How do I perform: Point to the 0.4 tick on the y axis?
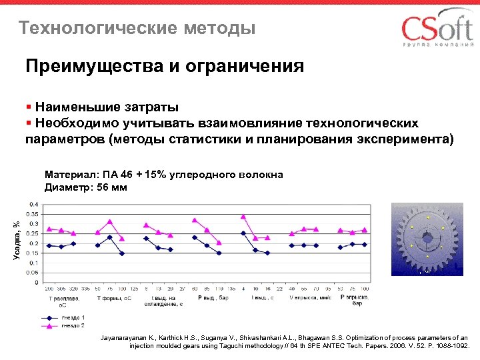click(33, 203)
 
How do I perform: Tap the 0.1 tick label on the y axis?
click(33, 262)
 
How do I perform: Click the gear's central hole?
click(426, 237)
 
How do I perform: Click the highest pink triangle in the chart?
click(243, 216)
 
